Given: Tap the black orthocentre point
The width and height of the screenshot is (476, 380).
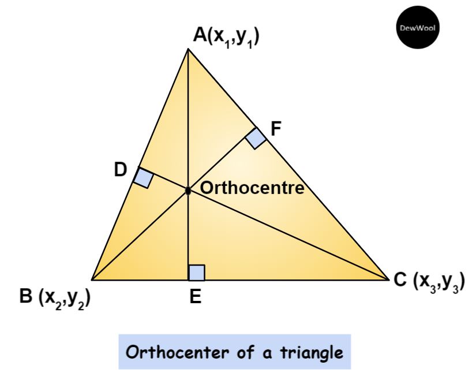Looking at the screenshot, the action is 188,190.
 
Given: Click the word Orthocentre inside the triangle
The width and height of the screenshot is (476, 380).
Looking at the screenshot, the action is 251,189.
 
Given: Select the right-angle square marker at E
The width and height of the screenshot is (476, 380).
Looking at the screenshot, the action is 197,272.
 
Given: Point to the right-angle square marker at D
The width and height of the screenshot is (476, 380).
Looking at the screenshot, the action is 143,177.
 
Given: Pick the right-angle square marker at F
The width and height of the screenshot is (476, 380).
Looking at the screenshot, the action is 256,139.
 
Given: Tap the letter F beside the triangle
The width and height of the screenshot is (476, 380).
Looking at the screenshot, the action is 276,128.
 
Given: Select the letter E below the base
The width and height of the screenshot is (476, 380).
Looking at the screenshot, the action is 196,297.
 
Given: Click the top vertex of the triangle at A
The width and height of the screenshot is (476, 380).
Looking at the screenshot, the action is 188,50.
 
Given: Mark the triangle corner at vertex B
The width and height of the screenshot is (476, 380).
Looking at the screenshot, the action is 92,280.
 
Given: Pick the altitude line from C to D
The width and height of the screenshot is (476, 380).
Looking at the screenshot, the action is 288,235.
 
